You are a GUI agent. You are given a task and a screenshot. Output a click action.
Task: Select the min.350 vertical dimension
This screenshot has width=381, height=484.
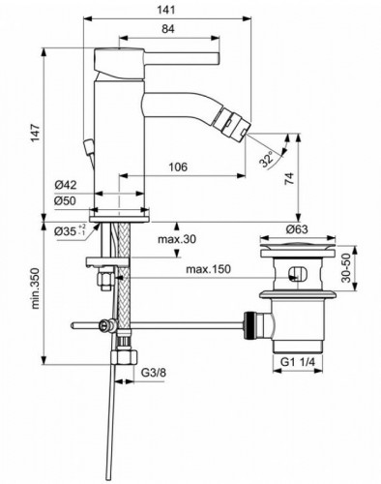[x=36, y=293]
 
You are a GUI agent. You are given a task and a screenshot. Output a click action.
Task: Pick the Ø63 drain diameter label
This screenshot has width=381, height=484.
[x=297, y=229]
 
